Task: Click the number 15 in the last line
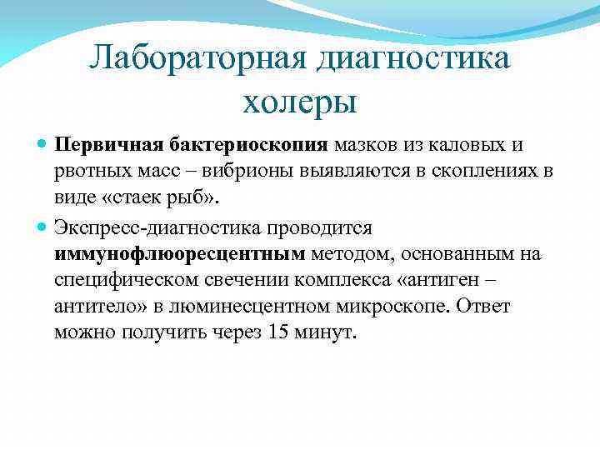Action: click(x=279, y=332)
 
